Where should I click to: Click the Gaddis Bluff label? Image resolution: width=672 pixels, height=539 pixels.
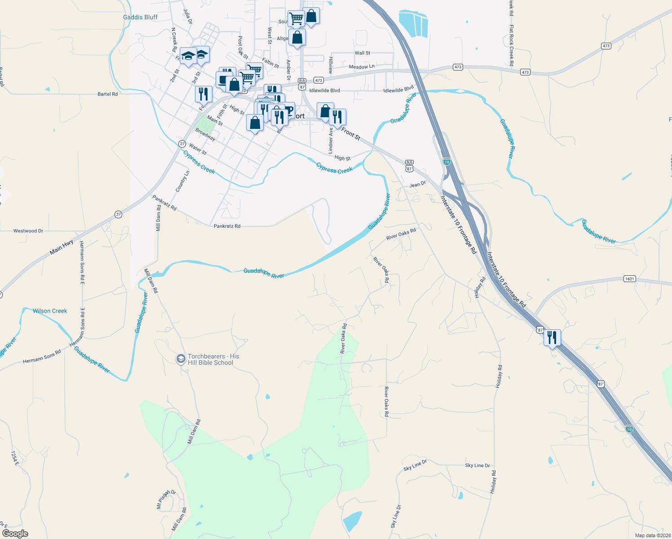[140, 18]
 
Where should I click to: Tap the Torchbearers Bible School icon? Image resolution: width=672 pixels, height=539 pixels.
[181, 358]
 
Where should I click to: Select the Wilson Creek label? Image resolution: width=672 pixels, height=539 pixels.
[50, 311]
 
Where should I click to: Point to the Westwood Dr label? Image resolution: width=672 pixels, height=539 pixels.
[28, 231]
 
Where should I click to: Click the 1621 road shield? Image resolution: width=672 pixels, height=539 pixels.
[629, 279]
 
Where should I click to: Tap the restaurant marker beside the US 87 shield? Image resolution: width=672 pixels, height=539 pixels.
[552, 337]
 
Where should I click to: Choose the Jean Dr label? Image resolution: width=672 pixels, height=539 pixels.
[417, 185]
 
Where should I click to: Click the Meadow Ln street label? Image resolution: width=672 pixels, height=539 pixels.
[362, 67]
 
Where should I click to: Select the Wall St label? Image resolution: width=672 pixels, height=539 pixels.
[363, 53]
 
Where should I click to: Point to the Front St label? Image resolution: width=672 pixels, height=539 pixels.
[351, 133]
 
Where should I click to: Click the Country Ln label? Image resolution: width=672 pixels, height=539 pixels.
[182, 181]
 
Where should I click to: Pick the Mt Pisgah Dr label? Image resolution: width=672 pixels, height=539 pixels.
[166, 499]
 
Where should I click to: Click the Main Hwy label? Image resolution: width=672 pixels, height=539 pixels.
[62, 247]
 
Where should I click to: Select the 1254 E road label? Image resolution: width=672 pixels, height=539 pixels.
[14, 458]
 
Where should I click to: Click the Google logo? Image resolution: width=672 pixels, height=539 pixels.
[15, 534]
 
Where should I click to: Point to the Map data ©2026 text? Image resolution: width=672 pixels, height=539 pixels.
[652, 535]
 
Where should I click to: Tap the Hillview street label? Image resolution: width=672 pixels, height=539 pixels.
[331, 66]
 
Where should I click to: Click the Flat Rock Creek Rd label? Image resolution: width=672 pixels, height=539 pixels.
[511, 45]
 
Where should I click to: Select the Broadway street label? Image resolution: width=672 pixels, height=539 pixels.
[205, 134]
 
